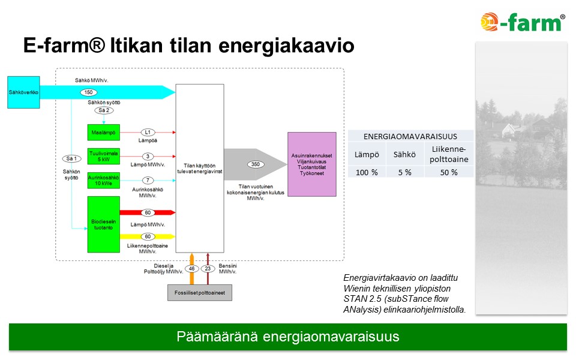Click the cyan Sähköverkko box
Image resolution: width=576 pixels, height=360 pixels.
coord(23,92)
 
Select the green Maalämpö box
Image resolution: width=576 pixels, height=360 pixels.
coord(104,132)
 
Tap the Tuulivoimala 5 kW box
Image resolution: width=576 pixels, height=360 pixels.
coord(104,156)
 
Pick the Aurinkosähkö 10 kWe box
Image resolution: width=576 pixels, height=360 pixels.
coord(104,181)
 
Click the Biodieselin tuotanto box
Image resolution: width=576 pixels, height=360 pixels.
coord(104,224)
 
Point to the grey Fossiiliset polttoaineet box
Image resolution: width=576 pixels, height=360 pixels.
coord(199,293)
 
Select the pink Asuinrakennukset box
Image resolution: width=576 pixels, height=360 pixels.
coord(312,164)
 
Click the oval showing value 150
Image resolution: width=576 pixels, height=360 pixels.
coord(89,92)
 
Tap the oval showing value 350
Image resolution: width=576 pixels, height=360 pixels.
coord(256,164)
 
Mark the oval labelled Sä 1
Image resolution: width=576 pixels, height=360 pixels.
coord(71,158)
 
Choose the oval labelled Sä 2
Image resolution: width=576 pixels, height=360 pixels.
coord(104,110)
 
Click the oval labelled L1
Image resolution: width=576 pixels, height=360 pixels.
coord(148,132)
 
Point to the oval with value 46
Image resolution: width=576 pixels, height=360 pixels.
coord(192,269)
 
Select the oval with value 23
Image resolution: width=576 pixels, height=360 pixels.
coord(208,269)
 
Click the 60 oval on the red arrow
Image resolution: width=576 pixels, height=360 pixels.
coord(148,212)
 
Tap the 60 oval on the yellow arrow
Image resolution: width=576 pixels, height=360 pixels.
coord(148,236)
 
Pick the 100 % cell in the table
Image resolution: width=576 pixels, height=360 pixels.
coord(367,172)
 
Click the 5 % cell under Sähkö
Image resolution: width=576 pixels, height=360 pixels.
coord(405,172)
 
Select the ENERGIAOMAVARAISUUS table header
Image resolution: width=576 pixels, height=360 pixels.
coord(410,136)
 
